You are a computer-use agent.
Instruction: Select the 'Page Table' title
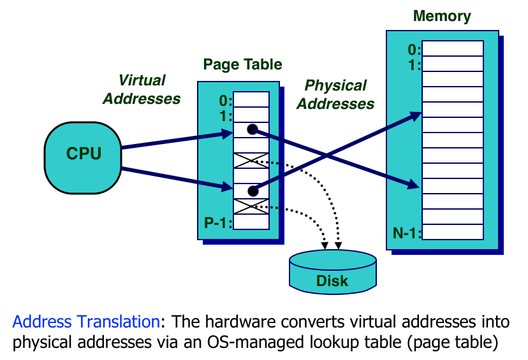click(242, 65)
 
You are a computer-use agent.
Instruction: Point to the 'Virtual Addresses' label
click(142, 90)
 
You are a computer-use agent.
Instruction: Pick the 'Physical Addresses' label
click(335, 95)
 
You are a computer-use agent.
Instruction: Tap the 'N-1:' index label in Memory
click(406, 233)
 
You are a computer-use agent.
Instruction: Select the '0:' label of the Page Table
click(225, 100)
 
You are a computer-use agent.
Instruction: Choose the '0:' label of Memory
click(413, 49)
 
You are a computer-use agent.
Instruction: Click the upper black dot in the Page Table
click(253, 130)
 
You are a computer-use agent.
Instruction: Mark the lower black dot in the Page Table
click(253, 191)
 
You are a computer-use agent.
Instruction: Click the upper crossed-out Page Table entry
click(252, 161)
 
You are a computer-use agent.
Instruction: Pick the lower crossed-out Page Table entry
click(252, 206)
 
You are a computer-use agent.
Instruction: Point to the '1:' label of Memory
click(413, 64)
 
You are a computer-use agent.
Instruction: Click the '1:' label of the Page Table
click(225, 115)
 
